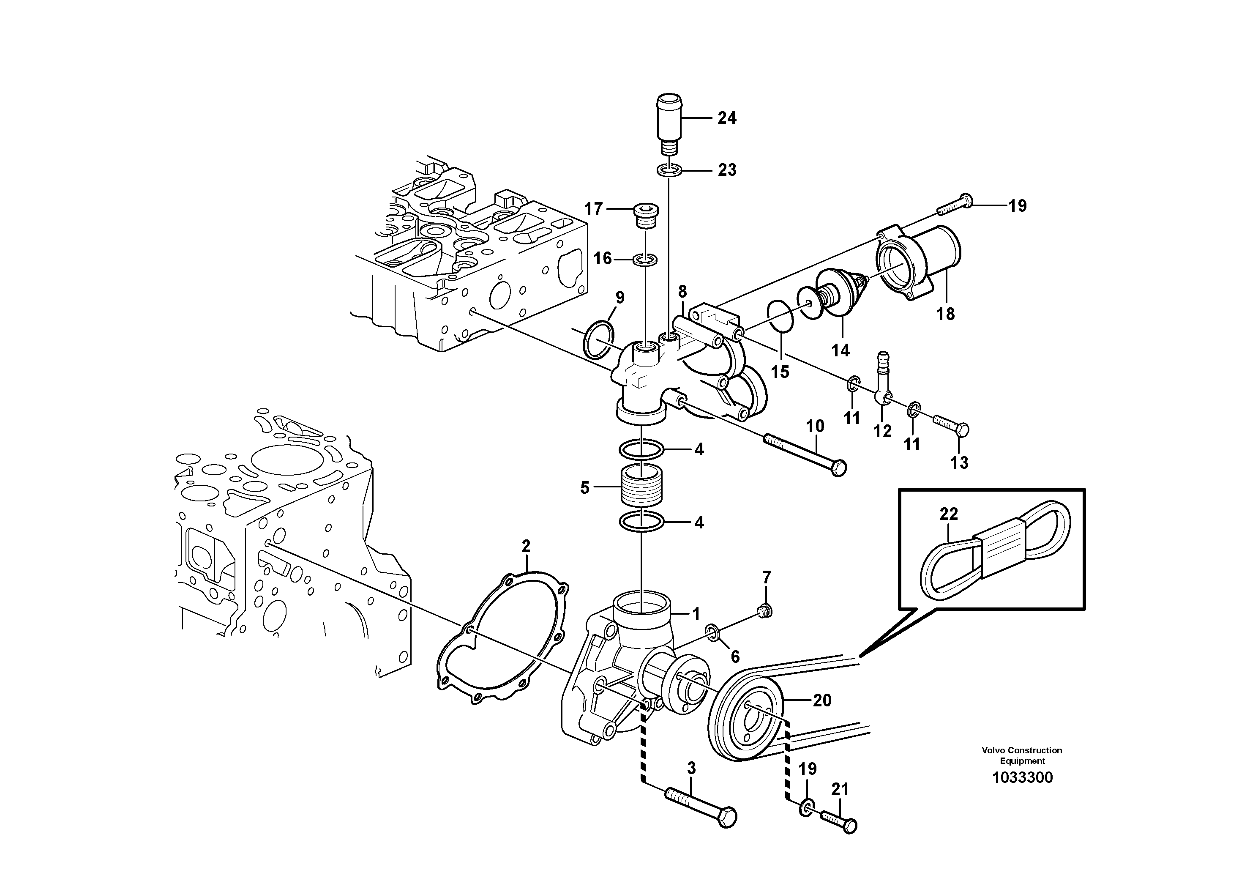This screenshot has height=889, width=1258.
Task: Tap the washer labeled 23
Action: pyautogui.click(x=669, y=170)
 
